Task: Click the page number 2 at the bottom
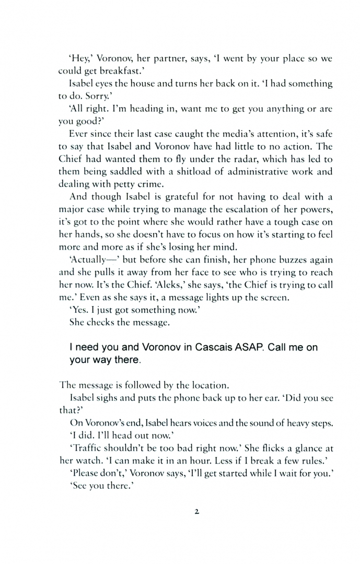pyautogui.click(x=196, y=512)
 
